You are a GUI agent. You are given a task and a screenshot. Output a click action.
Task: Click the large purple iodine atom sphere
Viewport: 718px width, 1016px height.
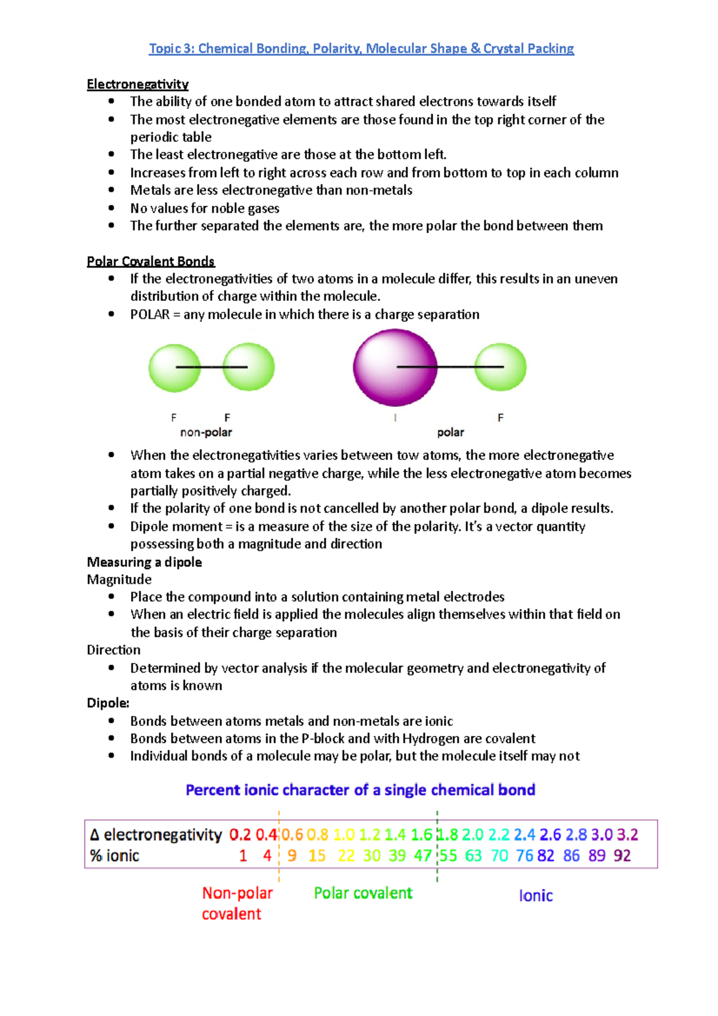point(395,367)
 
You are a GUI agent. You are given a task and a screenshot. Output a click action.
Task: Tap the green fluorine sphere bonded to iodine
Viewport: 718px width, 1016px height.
point(500,367)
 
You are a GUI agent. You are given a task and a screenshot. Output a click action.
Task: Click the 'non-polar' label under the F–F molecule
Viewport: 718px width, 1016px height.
point(206,432)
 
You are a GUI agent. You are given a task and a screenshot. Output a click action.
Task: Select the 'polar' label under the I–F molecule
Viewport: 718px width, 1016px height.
point(451,432)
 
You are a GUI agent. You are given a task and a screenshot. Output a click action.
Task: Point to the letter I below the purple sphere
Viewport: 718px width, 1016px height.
point(395,418)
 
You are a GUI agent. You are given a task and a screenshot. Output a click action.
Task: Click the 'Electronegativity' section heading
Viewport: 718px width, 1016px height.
point(138,84)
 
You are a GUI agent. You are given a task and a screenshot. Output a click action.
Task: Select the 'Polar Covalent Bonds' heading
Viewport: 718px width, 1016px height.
point(151,261)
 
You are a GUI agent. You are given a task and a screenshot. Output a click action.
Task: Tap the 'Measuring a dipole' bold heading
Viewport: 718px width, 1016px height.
point(144,562)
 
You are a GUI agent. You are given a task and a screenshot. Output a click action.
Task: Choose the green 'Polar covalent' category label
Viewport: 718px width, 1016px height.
point(363,893)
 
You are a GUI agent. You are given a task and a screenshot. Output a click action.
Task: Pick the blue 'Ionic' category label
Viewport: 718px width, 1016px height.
point(536,896)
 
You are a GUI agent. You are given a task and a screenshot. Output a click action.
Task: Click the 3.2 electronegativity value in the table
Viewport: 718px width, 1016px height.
point(628,835)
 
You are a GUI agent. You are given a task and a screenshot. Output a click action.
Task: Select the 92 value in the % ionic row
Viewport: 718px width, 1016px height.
point(622,856)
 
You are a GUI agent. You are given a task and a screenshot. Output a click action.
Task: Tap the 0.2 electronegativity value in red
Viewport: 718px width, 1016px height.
point(240,835)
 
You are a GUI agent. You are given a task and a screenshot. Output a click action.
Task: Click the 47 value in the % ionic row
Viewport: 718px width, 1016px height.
point(422,856)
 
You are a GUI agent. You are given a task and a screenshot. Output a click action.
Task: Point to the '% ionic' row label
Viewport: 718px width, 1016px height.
point(115,856)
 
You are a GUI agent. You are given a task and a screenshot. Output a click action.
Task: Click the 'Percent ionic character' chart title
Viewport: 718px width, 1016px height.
point(360,790)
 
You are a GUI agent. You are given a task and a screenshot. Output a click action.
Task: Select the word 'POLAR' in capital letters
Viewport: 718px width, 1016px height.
point(150,315)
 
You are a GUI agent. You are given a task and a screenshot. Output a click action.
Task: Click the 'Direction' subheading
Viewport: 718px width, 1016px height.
point(114,650)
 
